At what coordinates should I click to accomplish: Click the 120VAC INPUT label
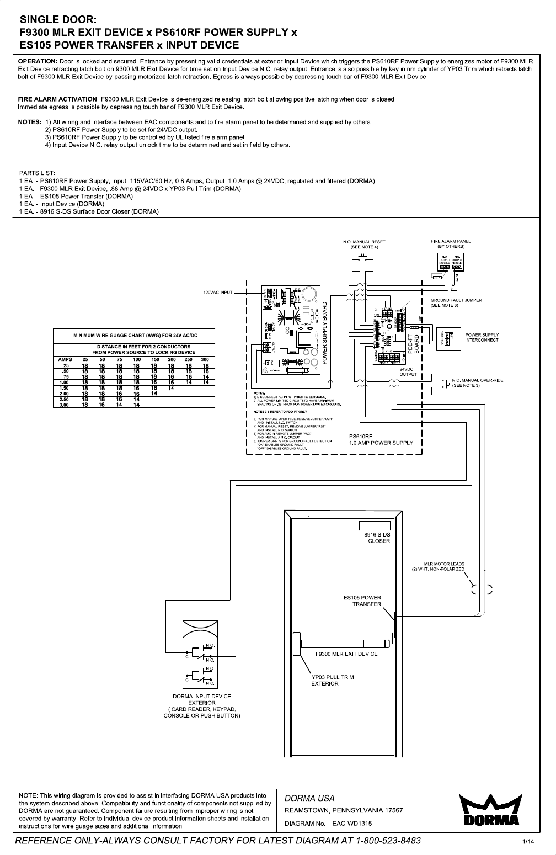(x=218, y=292)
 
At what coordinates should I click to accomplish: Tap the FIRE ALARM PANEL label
(x=451, y=243)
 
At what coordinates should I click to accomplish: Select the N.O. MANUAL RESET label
(x=364, y=244)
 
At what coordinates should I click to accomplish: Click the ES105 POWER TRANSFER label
(x=362, y=601)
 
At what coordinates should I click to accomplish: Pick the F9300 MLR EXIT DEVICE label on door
(x=346, y=654)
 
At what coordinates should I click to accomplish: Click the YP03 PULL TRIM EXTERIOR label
(x=333, y=680)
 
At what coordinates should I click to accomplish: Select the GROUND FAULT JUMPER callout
(x=456, y=302)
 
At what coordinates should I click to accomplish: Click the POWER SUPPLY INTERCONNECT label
(x=482, y=337)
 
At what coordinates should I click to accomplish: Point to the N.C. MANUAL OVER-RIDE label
(x=477, y=383)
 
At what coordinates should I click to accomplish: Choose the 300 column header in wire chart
(x=206, y=359)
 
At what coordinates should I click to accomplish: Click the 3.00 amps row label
(x=65, y=405)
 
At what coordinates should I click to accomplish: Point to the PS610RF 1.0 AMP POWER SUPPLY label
(x=381, y=439)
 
